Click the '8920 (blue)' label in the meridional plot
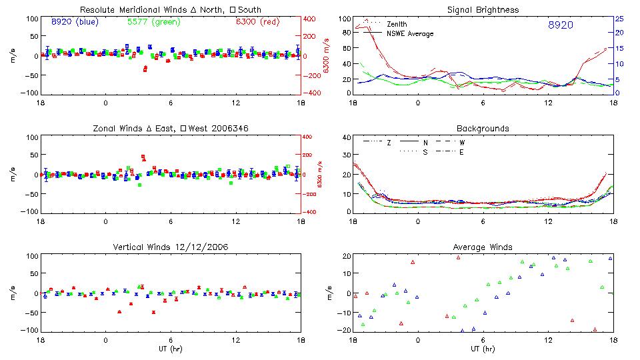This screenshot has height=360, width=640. click(x=75, y=21)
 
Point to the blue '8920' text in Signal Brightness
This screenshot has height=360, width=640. click(x=560, y=25)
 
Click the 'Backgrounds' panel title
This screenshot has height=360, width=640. click(x=483, y=128)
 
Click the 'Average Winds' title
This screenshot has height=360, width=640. click(x=483, y=247)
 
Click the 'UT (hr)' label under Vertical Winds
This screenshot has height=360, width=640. click(x=170, y=348)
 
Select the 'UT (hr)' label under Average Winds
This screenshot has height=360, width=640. click(x=483, y=348)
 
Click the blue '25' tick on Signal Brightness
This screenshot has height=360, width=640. click(x=619, y=19)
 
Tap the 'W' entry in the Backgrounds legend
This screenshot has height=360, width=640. click(x=461, y=143)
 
